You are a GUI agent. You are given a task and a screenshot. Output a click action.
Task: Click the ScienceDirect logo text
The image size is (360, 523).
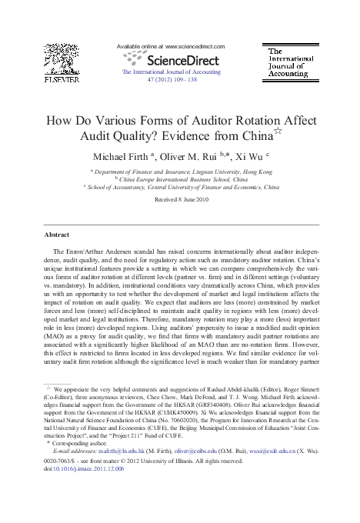point(182,58)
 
